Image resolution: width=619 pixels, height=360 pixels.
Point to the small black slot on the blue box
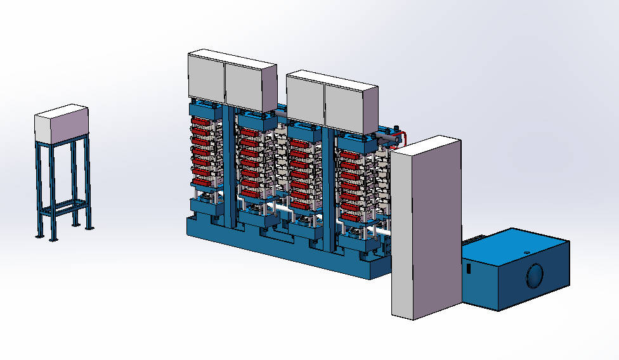click(x=469, y=269)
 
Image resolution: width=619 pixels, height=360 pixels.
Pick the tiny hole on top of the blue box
click(x=526, y=252)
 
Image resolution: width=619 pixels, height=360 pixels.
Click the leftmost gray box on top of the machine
click(x=206, y=77)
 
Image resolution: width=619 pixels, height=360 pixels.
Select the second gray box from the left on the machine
click(x=251, y=87)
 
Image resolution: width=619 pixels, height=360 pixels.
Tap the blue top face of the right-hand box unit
click(x=514, y=244)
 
